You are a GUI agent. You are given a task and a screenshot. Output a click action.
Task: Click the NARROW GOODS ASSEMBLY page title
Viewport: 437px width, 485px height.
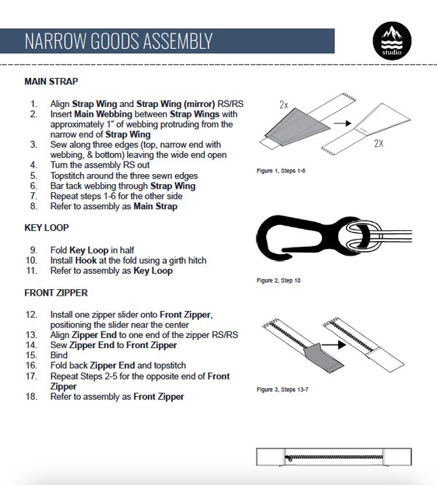pos(118,41)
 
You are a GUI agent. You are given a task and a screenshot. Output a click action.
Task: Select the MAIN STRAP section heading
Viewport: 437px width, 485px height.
pos(51,82)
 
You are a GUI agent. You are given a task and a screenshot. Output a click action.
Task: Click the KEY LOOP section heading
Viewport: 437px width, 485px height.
pos(47,227)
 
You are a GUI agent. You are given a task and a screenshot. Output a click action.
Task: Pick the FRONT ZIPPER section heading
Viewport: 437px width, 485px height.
pos(56,293)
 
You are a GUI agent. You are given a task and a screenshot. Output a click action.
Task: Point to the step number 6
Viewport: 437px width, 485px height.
pos(34,186)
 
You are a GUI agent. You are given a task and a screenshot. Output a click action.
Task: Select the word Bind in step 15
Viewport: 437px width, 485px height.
pos(58,355)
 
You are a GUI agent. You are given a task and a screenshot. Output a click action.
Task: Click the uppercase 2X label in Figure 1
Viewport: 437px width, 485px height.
pos(378,143)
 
